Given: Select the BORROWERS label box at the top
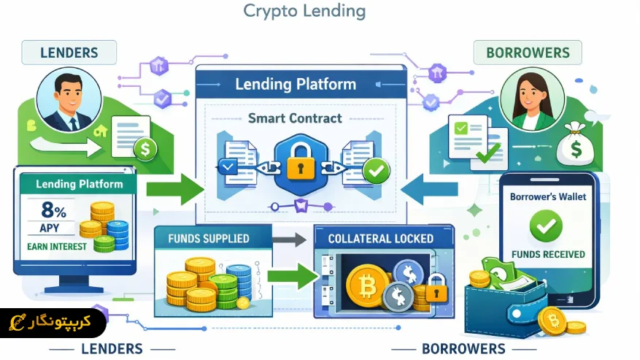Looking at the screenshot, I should click(x=528, y=53).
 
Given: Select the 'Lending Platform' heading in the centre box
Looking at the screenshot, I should click(x=296, y=84).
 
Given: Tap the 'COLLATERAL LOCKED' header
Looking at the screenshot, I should click(x=380, y=239).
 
